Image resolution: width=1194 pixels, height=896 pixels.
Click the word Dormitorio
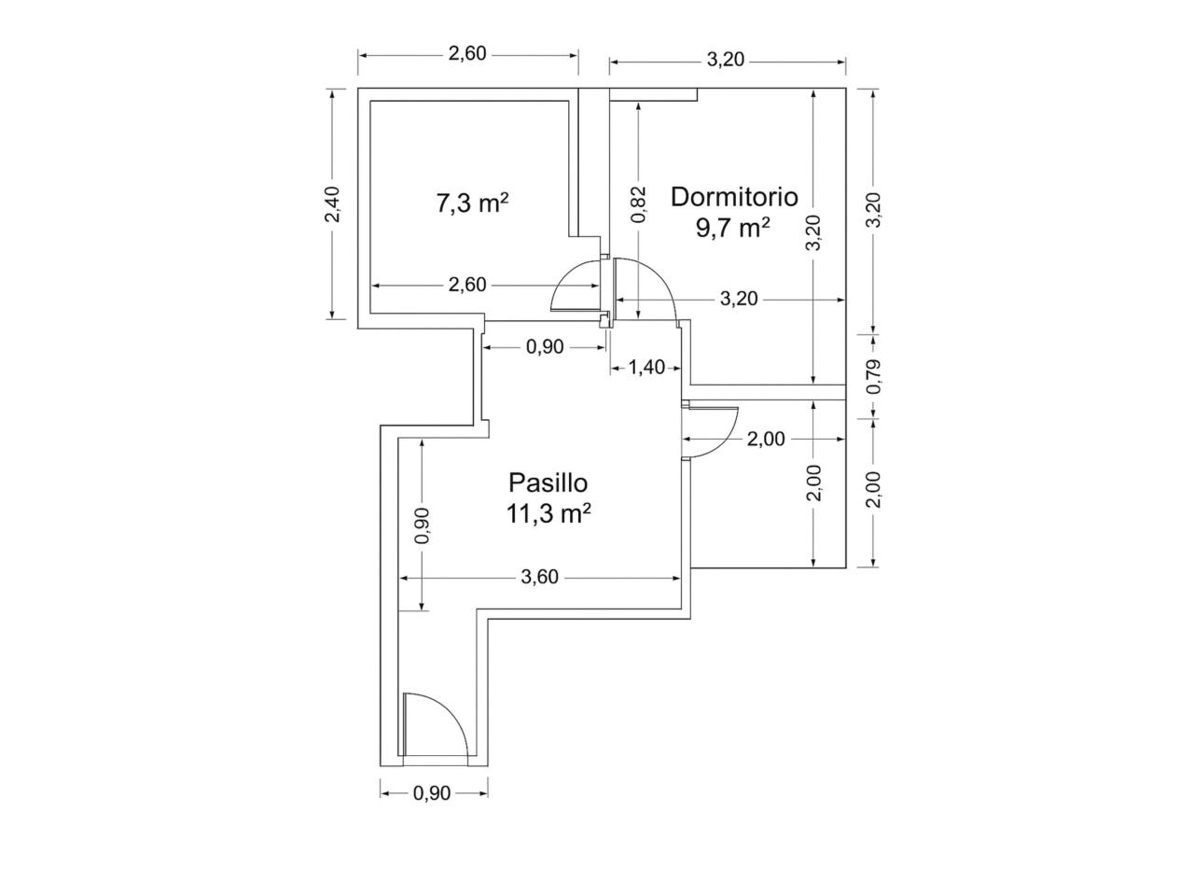(x=734, y=197)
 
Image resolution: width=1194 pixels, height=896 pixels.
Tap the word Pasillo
(x=548, y=483)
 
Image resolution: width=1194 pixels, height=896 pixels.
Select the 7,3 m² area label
(x=472, y=204)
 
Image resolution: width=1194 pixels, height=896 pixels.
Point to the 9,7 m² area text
(x=732, y=228)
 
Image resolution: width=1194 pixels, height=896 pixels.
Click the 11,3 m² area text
(x=548, y=513)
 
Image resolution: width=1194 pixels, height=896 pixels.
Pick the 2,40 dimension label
(x=332, y=204)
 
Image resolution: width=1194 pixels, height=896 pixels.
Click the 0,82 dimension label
(x=639, y=204)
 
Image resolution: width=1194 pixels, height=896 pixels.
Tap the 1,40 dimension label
(x=646, y=368)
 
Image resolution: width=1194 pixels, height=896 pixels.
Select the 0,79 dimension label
(x=873, y=377)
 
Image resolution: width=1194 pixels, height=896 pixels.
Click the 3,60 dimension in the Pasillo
(x=539, y=577)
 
